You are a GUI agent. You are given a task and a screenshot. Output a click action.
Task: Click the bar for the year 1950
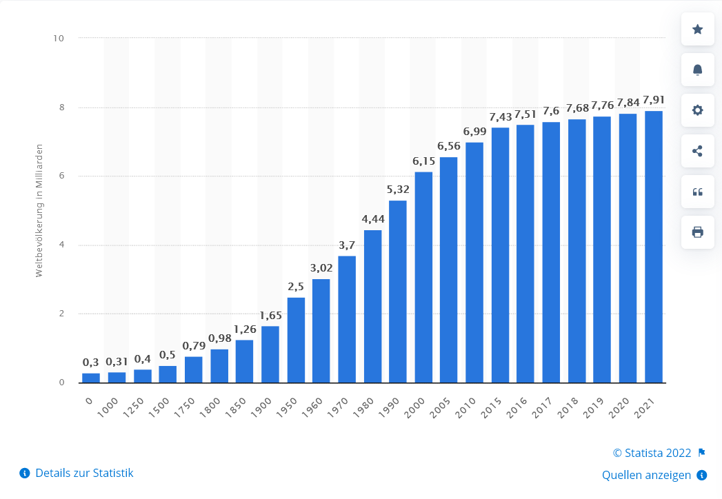tap(296, 340)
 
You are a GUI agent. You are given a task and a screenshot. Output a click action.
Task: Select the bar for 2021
tap(653, 246)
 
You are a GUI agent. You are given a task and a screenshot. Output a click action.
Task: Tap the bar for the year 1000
tap(117, 377)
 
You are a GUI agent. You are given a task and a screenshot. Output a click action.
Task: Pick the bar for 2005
tap(448, 269)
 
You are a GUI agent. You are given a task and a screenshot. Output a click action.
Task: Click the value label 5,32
tap(398, 189)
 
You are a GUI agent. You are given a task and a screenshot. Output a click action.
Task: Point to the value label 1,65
tap(270, 315)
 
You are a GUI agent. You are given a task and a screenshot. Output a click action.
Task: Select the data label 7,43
tap(500, 116)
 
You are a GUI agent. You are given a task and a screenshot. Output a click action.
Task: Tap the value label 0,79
tap(193, 345)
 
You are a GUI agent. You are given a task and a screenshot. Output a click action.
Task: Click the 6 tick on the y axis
tap(61, 176)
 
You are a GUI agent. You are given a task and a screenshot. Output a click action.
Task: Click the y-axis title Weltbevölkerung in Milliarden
tap(39, 210)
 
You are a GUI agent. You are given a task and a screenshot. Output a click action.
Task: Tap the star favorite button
tap(697, 29)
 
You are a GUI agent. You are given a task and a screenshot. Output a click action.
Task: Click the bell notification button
tap(697, 70)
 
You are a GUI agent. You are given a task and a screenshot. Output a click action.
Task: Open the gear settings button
tap(697, 110)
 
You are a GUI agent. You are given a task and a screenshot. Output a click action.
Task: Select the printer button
tap(697, 232)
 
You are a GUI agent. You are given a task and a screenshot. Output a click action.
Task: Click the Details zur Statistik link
tap(84, 473)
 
